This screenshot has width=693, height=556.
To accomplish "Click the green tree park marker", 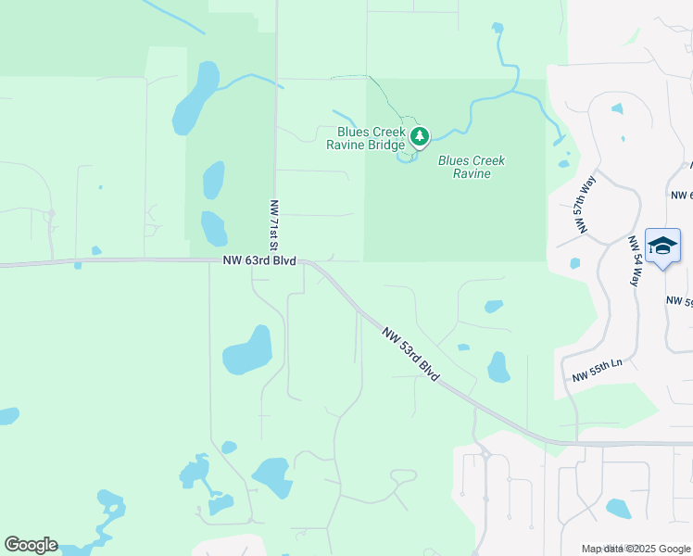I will [x=421, y=138].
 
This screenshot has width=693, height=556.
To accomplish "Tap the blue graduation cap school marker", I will [x=662, y=246].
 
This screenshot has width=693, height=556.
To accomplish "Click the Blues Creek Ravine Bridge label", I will [x=366, y=139].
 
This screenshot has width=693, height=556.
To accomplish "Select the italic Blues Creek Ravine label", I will [x=472, y=167].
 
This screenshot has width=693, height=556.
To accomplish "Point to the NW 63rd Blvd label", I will [x=258, y=261].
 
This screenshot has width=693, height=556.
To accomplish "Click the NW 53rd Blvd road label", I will [x=409, y=350].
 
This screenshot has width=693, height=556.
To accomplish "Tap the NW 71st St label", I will [x=273, y=225].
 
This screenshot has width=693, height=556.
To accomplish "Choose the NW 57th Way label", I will [x=584, y=206].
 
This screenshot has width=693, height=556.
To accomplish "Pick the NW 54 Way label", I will [x=635, y=260].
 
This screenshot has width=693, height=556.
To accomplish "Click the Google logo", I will [x=31, y=545].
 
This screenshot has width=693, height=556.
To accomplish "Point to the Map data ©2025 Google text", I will [x=636, y=549].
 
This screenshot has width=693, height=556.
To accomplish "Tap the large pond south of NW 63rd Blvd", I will [x=248, y=350].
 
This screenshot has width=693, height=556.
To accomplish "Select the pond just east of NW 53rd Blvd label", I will [x=498, y=367].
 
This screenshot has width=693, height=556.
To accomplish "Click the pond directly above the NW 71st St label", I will [x=213, y=180].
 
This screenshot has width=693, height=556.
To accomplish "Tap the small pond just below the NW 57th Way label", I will [x=574, y=263].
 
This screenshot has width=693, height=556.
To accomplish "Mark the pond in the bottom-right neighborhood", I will [x=618, y=508].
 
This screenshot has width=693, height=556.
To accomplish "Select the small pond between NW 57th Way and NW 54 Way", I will [x=617, y=108].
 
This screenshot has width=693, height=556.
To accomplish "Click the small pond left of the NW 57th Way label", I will [x=564, y=164].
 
